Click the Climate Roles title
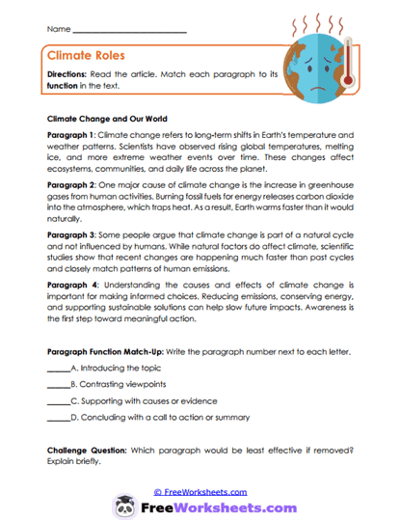click(x=88, y=56)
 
